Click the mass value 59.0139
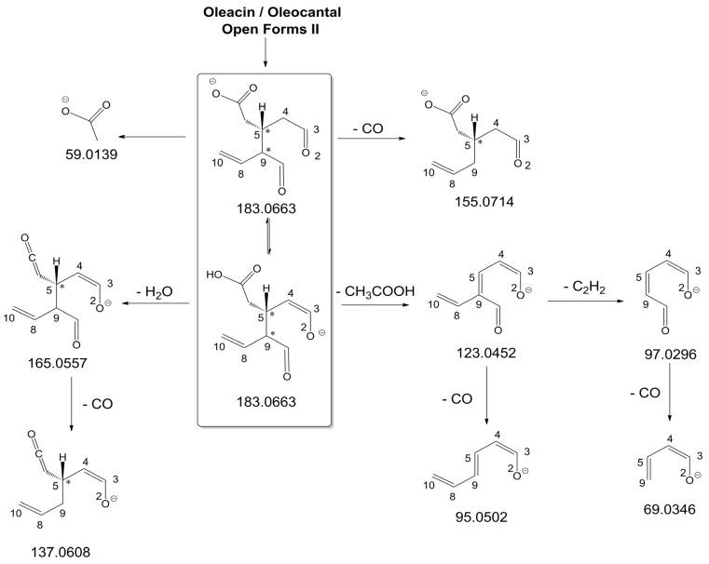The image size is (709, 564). click(x=91, y=156)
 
